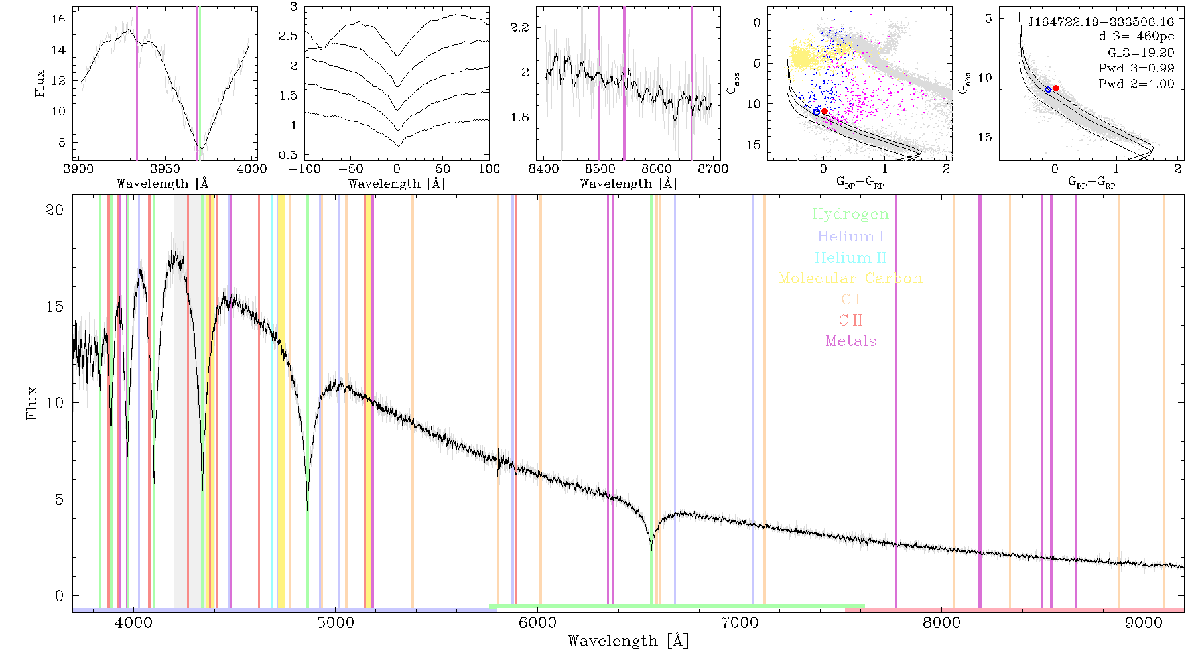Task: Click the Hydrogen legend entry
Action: tap(850, 214)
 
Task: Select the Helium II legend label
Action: tap(850, 257)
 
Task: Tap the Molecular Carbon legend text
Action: tap(850, 278)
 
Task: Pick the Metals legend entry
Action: tap(850, 341)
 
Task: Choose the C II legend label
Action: tap(850, 320)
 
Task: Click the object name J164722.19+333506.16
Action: tap(1101, 22)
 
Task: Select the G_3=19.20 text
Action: tap(1141, 53)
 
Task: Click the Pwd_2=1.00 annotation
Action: tap(1136, 84)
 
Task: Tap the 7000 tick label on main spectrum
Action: tap(739, 623)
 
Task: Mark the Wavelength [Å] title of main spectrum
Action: tap(628, 641)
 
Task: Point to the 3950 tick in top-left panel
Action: tap(165, 169)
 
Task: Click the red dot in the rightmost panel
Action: tap(1055, 88)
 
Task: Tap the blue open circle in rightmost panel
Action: tap(1048, 90)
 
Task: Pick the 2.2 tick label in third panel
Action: tap(519, 27)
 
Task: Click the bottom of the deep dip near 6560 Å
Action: tap(651, 550)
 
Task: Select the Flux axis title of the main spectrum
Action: tap(31, 403)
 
